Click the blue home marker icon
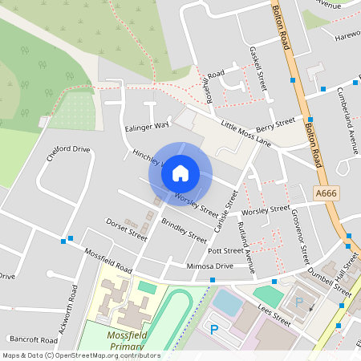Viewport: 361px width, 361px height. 180,172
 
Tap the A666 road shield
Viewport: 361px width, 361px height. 327,193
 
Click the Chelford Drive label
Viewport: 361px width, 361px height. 68,153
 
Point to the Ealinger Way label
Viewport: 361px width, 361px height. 147,126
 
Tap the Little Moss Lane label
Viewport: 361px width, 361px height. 246,134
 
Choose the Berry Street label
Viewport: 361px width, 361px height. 275,123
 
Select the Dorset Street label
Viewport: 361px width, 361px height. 127,229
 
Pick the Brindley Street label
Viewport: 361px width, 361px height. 184,230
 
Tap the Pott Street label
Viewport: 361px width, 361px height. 225,250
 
